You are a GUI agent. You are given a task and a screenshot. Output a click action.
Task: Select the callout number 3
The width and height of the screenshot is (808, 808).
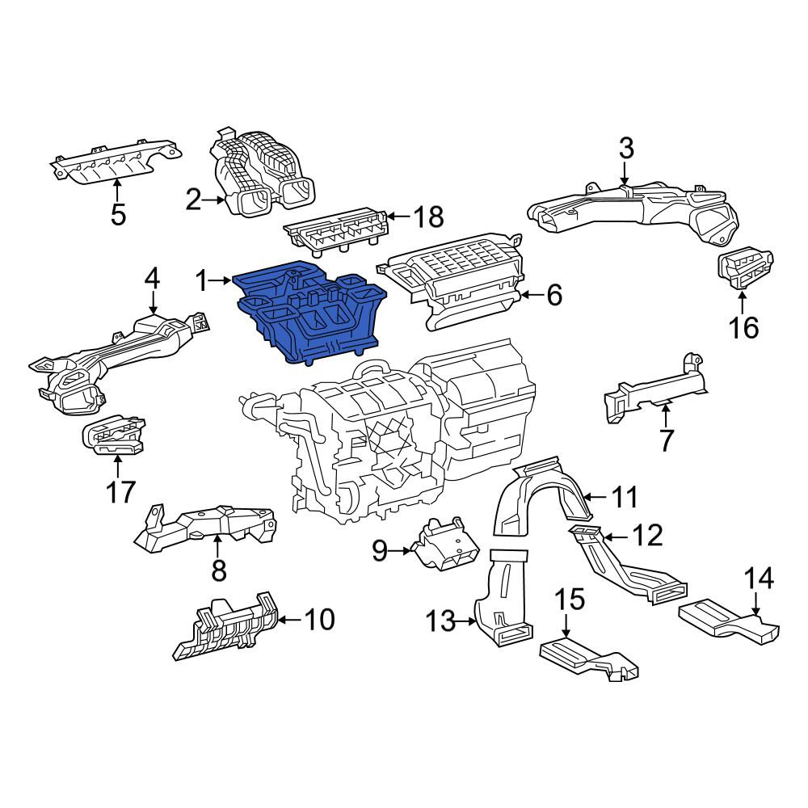tap(625, 149)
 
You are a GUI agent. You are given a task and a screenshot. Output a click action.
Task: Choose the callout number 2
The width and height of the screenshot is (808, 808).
tap(193, 200)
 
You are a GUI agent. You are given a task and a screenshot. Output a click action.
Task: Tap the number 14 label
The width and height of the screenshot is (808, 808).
tap(760, 579)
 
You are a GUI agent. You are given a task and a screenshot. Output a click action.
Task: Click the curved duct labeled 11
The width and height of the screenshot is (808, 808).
tap(538, 494)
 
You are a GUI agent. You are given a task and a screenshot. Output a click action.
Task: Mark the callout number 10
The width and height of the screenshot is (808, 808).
tap(319, 620)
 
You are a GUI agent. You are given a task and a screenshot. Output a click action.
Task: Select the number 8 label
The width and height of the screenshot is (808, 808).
tap(219, 570)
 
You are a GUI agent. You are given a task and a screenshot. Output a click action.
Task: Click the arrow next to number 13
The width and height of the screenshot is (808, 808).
tap(466, 622)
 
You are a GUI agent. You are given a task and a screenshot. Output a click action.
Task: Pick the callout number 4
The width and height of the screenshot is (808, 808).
tap(152, 280)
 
